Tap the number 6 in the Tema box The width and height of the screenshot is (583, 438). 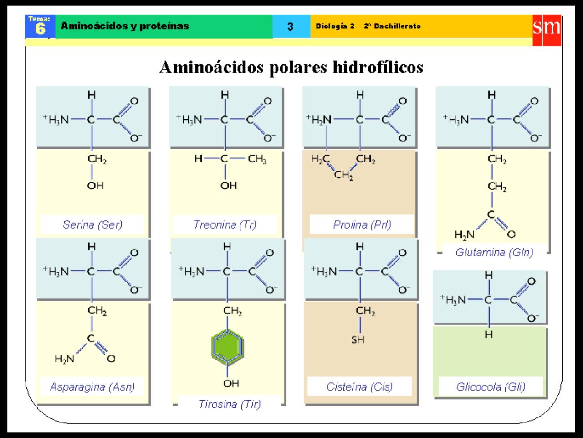(40, 29)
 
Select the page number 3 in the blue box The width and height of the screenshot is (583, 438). (291, 26)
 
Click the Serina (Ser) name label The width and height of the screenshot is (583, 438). (92, 224)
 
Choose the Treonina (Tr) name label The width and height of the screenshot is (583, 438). (225, 224)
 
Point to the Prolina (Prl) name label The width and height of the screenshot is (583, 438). (362, 224)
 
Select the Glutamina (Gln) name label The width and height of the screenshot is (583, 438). (494, 252)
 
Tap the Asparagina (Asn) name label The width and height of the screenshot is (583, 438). (92, 387)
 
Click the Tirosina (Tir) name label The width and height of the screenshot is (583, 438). (230, 404)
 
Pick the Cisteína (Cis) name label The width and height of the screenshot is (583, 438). (359, 387)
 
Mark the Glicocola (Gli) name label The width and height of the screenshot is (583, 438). (491, 387)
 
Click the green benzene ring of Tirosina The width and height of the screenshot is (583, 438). (227, 347)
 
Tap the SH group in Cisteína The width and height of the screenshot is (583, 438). (358, 339)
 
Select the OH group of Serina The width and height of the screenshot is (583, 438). (95, 185)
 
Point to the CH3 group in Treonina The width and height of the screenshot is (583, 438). (257, 159)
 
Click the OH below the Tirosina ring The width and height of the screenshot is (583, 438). (231, 383)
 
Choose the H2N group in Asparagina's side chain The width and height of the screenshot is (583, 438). (64, 359)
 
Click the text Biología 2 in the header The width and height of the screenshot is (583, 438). (335, 26)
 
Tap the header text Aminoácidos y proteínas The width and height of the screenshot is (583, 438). (125, 26)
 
